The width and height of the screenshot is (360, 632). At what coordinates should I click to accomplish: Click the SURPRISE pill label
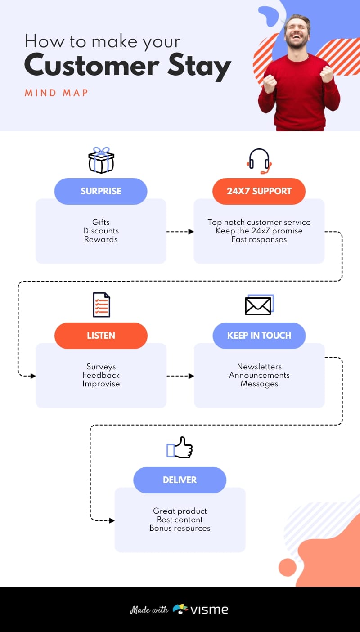(101, 191)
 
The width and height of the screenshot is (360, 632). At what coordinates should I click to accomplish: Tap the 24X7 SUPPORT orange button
(259, 191)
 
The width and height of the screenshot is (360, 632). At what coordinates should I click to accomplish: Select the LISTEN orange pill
(101, 336)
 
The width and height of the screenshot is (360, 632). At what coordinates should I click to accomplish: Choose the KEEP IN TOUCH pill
(259, 336)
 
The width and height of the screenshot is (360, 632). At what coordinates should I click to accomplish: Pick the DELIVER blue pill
(180, 480)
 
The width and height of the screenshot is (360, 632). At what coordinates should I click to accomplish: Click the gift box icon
(101, 160)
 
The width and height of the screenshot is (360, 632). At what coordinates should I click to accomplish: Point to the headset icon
(260, 161)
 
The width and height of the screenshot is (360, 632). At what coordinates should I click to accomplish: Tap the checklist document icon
(101, 305)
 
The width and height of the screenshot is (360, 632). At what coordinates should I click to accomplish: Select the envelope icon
(259, 305)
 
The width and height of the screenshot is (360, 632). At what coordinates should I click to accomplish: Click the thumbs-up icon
(180, 448)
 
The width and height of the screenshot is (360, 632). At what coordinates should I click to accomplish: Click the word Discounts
(101, 231)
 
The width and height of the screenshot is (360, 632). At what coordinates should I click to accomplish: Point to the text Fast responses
(259, 239)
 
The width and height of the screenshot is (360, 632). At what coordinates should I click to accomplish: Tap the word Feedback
(101, 375)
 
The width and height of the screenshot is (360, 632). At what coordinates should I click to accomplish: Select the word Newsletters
(259, 367)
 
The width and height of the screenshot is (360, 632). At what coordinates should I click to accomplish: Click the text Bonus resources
(180, 528)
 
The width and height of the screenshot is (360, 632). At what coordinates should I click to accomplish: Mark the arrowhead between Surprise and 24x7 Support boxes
(191, 231)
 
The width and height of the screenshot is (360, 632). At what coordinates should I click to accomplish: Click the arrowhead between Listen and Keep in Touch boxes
(191, 376)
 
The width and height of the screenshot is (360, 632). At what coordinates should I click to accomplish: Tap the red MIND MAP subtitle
(56, 93)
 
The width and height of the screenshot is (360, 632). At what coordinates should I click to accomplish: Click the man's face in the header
(297, 33)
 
